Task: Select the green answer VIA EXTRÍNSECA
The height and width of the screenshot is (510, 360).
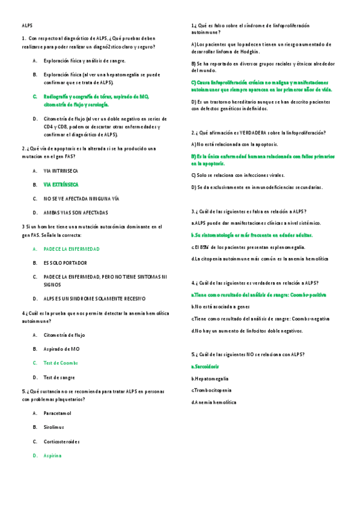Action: [61, 185]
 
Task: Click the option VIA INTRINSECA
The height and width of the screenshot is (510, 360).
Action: [61, 171]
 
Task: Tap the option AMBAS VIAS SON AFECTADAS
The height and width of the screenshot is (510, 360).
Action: [76, 212]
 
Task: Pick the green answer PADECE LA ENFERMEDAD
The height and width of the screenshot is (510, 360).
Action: [72, 248]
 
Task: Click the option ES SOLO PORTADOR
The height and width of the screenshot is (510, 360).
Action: [65, 263]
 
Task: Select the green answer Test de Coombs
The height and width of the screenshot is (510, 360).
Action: [61, 363]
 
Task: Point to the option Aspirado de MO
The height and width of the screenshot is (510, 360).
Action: [61, 349]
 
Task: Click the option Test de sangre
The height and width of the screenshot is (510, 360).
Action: [59, 377]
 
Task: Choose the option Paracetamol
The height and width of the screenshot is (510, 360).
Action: [58, 413]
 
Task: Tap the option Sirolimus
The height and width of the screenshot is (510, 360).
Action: [55, 427]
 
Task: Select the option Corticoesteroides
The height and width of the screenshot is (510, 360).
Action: [62, 441]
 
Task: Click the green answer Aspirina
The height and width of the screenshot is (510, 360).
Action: [53, 455]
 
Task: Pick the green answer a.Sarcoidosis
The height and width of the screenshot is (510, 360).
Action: [205, 366]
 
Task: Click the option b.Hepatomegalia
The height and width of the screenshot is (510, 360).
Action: [210, 378]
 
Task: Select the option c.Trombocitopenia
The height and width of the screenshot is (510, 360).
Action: [212, 390]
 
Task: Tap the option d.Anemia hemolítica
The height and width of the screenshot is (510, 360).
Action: [214, 402]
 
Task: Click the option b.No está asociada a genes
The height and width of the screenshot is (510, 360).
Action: [221, 307]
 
